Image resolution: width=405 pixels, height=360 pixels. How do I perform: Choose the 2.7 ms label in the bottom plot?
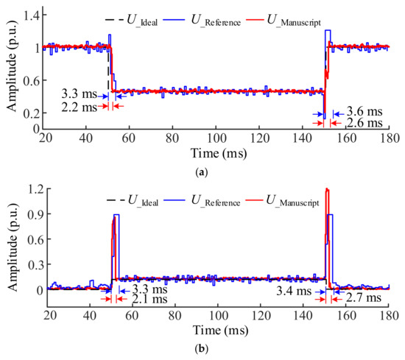coord(363,297)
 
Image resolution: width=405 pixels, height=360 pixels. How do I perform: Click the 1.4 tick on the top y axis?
coord(31,15)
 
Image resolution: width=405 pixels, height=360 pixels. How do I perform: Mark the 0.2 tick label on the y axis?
coord(31,113)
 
